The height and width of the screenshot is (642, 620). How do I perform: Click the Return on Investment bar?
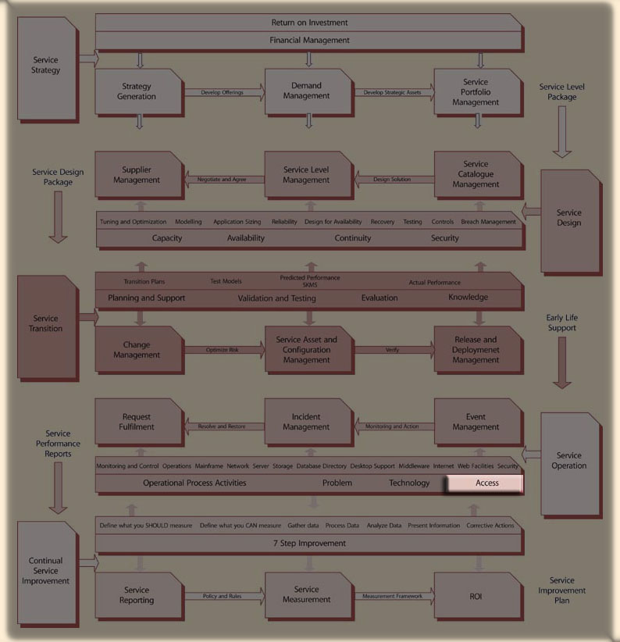click(309, 23)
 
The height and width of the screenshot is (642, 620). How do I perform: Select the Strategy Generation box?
click(138, 92)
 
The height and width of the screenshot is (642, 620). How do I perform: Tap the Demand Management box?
click(307, 92)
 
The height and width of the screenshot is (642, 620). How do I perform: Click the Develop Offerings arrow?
click(223, 93)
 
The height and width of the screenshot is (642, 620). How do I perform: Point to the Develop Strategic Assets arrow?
click(393, 93)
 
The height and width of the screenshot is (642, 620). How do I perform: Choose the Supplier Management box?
click(138, 175)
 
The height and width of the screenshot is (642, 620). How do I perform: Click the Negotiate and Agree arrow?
click(223, 180)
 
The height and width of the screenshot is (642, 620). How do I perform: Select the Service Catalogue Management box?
click(476, 175)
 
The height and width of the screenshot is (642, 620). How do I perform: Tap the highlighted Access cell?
click(487, 483)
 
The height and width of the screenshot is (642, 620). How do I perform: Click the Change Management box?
click(138, 350)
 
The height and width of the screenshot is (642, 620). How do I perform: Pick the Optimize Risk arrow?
click(223, 350)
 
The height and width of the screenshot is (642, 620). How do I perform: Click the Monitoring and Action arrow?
click(393, 426)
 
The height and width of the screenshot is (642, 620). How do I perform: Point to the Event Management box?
click(476, 423)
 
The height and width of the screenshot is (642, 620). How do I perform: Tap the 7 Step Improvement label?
click(309, 544)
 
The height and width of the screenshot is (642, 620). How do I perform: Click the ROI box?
click(476, 596)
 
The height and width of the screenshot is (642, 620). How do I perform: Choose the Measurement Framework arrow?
click(393, 597)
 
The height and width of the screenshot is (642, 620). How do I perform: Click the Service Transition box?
click(47, 324)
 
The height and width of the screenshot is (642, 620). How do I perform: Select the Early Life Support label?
click(562, 323)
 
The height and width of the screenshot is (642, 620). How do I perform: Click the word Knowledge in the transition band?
click(469, 298)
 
